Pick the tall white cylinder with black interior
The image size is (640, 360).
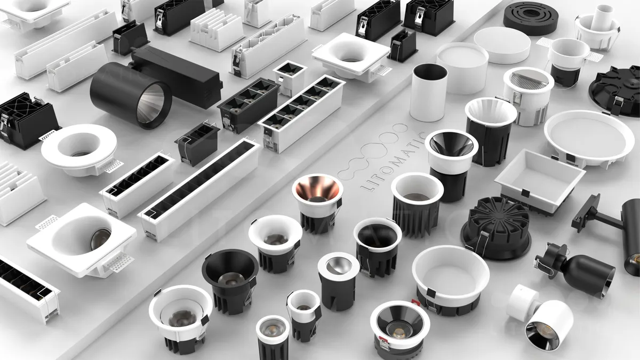click(x=429, y=92)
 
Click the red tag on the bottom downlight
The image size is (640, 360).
click(x=415, y=303)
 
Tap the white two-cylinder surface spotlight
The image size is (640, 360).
click(x=540, y=317)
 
